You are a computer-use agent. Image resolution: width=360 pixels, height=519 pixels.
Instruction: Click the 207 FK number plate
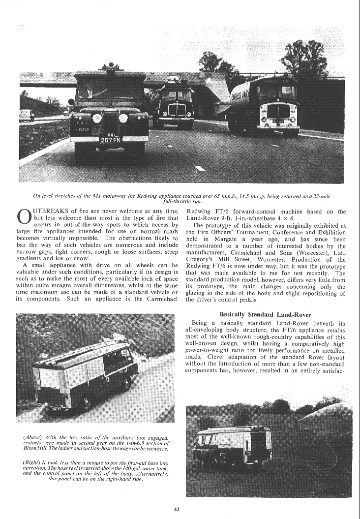(x=110, y=140)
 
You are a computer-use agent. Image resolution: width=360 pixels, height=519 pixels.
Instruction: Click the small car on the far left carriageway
(x=26, y=115)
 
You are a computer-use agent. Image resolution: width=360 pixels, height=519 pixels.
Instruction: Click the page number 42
(x=180, y=509)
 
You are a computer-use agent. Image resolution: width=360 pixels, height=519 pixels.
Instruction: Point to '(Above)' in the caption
(x=34, y=438)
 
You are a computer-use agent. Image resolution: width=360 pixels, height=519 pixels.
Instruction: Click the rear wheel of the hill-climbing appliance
(x=86, y=403)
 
